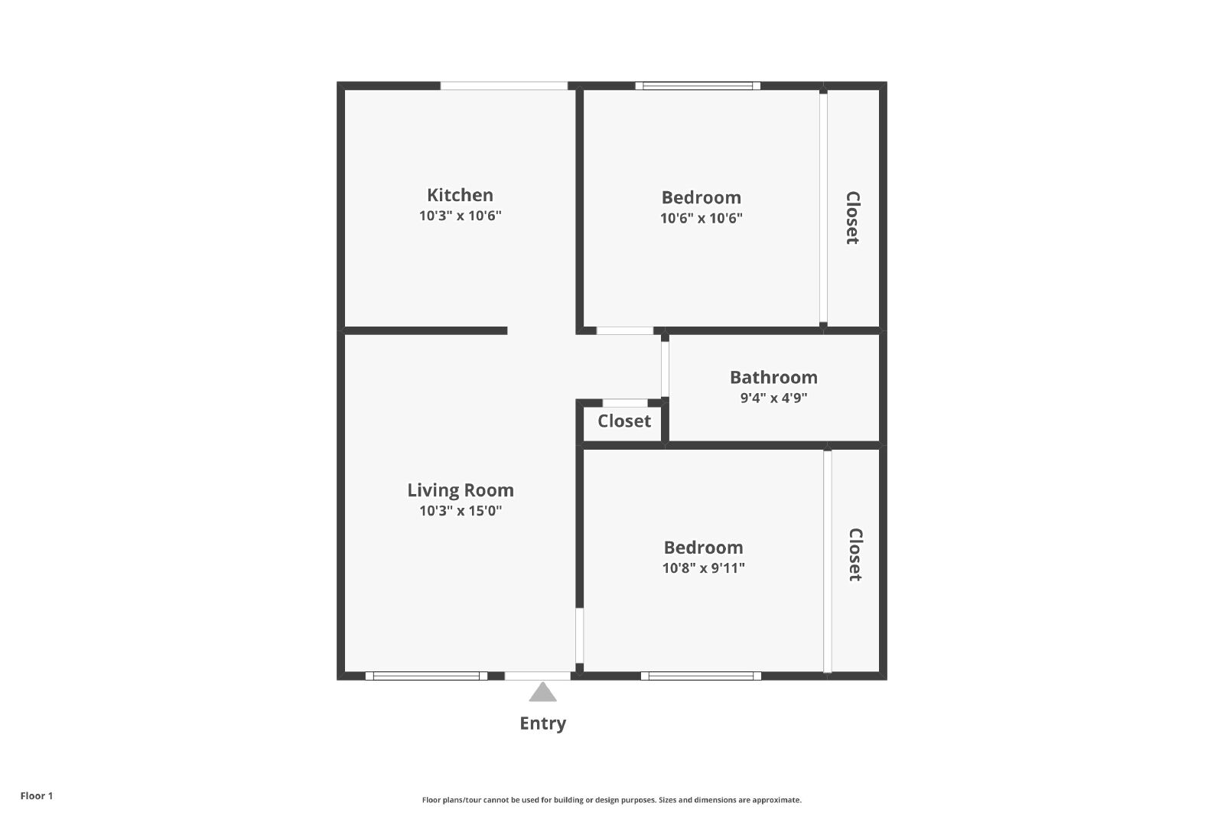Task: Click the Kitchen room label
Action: (x=460, y=195)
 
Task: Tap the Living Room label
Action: (x=461, y=490)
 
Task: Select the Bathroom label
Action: (x=773, y=378)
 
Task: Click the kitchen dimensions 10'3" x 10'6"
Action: (x=460, y=216)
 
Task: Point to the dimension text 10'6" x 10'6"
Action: (x=701, y=218)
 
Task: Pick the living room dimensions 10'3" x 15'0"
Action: (x=461, y=511)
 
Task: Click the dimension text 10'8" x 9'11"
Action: (x=703, y=568)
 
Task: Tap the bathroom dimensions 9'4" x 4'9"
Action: (x=773, y=398)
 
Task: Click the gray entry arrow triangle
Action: (x=542, y=692)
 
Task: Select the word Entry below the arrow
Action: (x=542, y=723)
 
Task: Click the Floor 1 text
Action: (x=37, y=796)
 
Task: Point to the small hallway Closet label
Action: (x=624, y=421)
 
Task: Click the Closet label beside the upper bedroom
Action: (x=852, y=217)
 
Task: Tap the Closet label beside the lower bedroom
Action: (x=855, y=554)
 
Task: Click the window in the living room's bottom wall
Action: (x=426, y=676)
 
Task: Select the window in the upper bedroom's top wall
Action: (x=698, y=86)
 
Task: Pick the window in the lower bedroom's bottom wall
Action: (x=701, y=676)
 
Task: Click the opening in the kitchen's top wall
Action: (x=504, y=86)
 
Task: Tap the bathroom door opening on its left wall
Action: (x=665, y=369)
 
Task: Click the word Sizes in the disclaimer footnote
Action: (x=669, y=800)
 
